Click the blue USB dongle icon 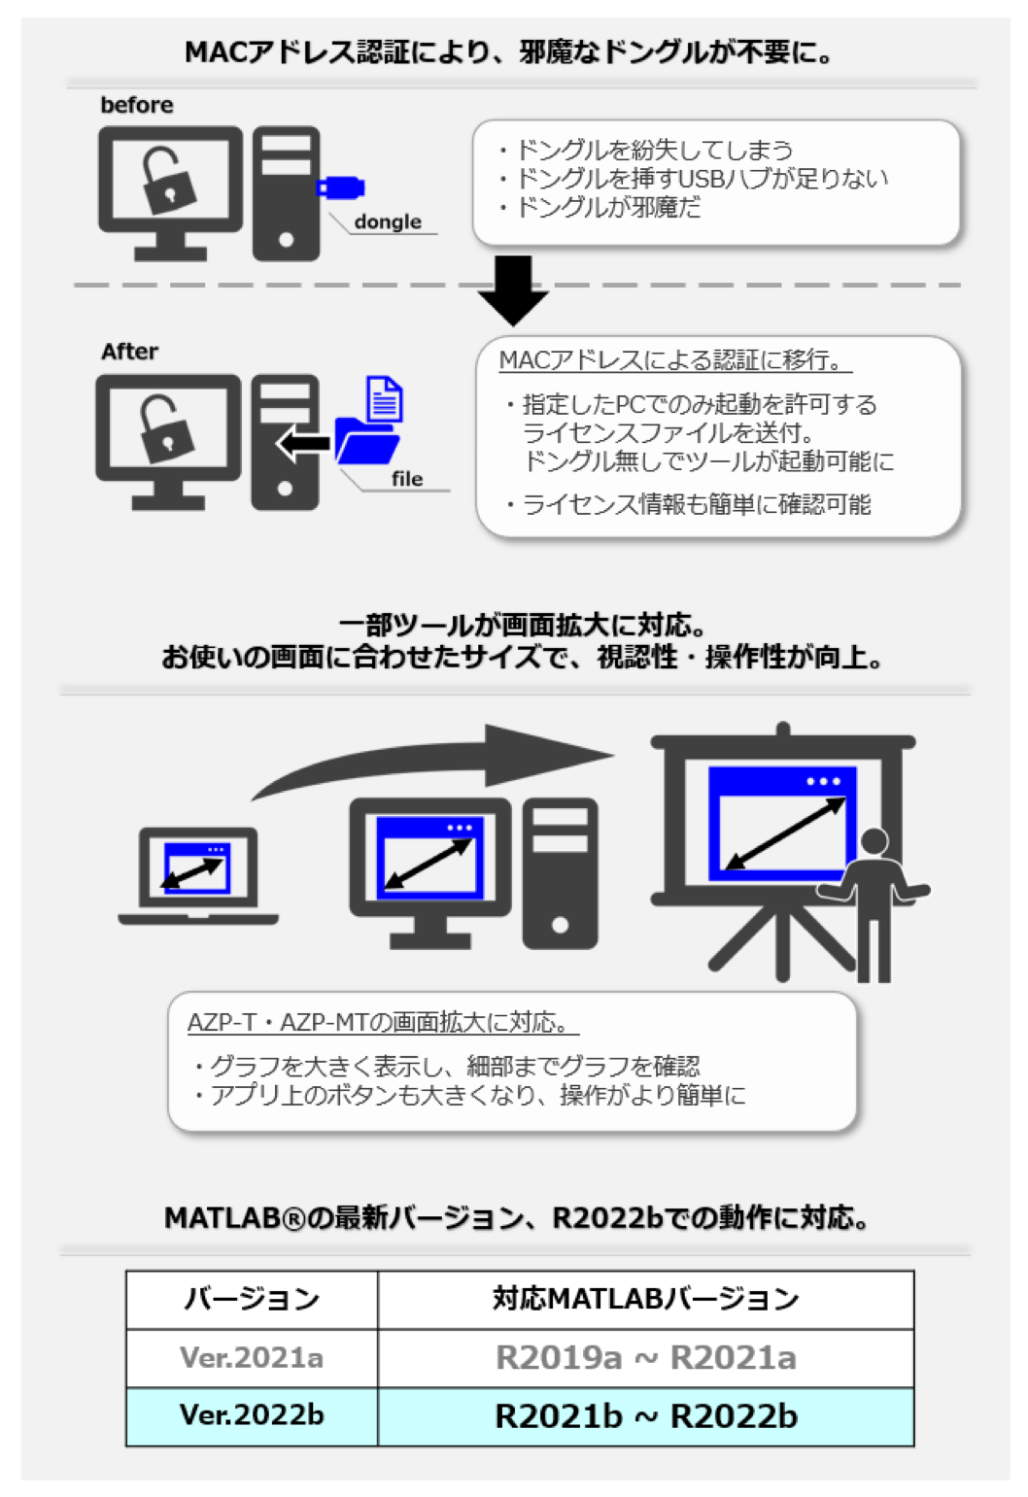point(340,187)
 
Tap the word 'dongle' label point(388,221)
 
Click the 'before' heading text point(137,105)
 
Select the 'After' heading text point(129,352)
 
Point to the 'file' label point(407,479)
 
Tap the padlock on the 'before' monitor point(169,180)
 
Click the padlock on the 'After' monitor point(167,428)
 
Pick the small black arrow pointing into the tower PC point(304,444)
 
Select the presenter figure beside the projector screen point(876,899)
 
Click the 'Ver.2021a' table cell point(252,1357)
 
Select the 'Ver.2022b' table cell point(252,1415)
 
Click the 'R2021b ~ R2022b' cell point(645,1416)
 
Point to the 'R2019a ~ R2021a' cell point(645,1357)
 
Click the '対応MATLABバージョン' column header point(645,1299)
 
